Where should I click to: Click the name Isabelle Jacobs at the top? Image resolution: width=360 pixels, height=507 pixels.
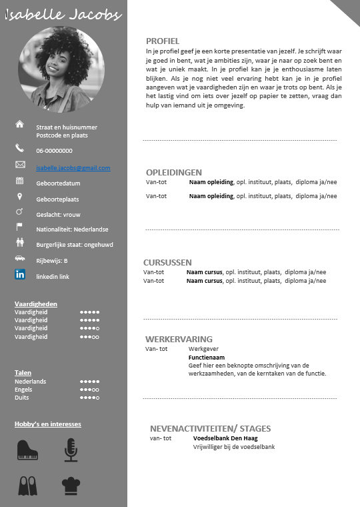click(x=63, y=15)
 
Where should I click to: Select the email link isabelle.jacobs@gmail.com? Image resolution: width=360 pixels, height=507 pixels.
click(x=73, y=168)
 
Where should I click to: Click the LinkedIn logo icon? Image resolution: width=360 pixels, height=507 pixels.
click(x=20, y=274)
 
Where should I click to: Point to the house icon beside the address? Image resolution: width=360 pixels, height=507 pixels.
click(x=19, y=124)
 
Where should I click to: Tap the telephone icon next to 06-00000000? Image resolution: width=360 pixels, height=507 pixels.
click(x=19, y=148)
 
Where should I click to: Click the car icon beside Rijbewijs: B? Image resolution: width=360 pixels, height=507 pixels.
click(x=19, y=258)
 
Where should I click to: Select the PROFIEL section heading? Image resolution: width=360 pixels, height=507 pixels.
click(x=163, y=41)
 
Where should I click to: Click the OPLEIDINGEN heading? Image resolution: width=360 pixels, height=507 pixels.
click(x=174, y=172)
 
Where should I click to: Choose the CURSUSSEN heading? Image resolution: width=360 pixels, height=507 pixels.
click(x=167, y=262)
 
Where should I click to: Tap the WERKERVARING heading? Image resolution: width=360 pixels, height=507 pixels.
click(x=179, y=339)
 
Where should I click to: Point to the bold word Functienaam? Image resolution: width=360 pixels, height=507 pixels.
click(x=206, y=357)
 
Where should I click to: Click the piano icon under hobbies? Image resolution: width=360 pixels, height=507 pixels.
click(x=27, y=450)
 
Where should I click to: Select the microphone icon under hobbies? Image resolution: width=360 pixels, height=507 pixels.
click(x=71, y=450)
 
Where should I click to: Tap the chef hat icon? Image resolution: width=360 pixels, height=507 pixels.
click(x=71, y=486)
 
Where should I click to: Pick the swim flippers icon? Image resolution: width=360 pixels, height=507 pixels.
click(x=27, y=486)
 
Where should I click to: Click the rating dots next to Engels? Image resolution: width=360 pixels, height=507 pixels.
click(x=89, y=390)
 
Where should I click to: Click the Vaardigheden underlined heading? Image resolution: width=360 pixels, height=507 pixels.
click(x=36, y=304)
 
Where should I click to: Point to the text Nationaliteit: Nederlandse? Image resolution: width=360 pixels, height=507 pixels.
click(x=72, y=229)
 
